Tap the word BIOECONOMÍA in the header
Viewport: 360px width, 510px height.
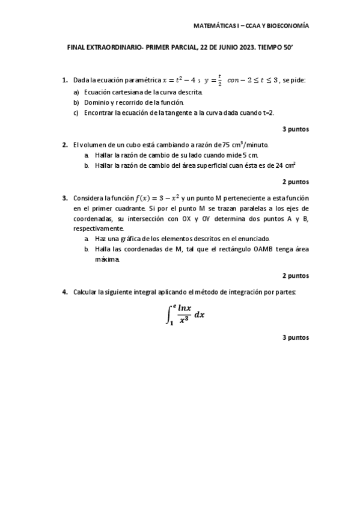tap(287, 26)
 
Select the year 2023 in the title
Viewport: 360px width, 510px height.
tap(228, 52)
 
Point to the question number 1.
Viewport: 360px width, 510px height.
tap(64, 80)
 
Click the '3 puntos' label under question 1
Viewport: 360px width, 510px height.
tap(296, 129)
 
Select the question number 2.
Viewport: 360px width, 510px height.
tap(64, 145)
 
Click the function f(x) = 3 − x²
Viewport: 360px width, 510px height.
tap(160, 198)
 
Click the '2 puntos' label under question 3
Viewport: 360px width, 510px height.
tap(296, 275)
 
